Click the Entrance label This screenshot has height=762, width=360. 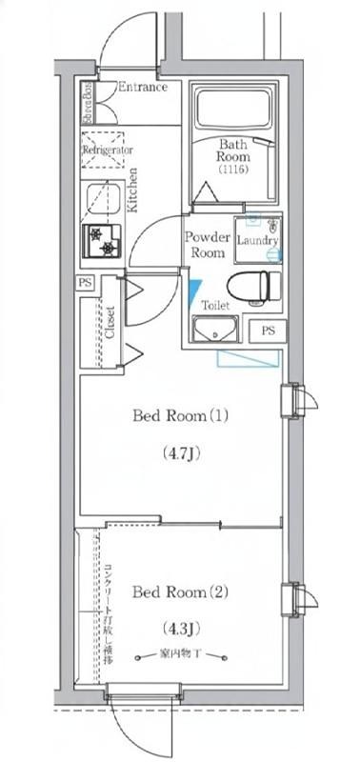tap(142, 88)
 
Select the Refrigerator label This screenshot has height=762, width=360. tap(107, 150)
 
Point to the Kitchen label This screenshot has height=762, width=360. tap(133, 190)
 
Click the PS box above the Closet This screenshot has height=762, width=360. tap(86, 283)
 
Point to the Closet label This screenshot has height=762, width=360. tap(110, 321)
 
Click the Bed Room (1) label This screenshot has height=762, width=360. tap(181, 415)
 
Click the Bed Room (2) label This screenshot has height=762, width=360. tap(181, 592)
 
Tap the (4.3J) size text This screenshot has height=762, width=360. tap(180, 629)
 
